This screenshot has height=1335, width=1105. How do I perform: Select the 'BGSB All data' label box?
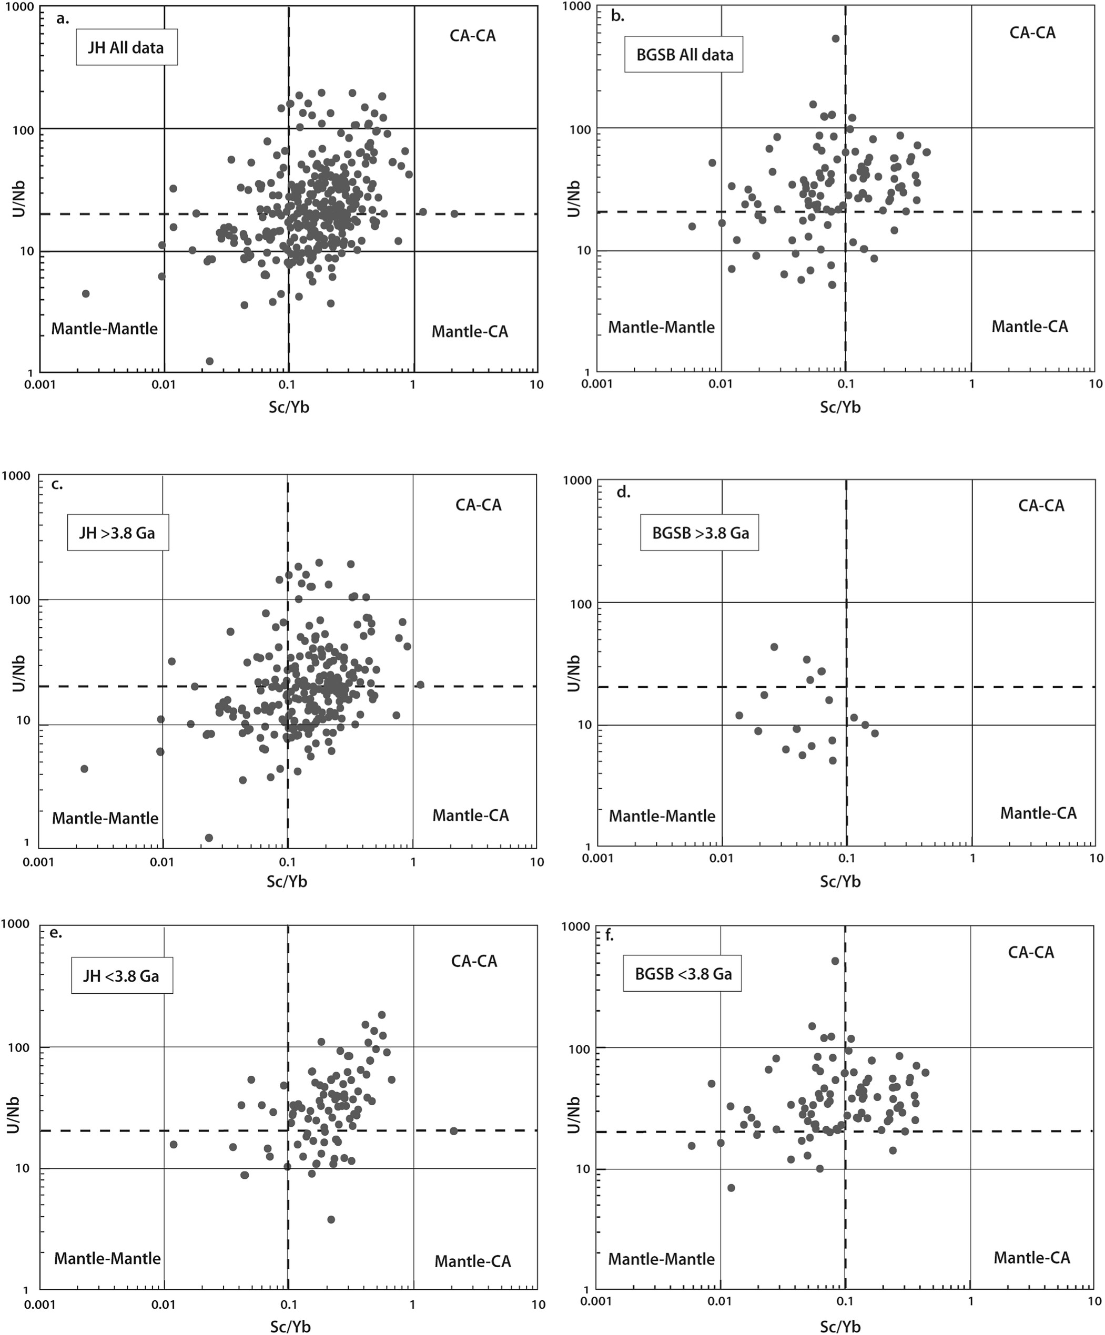[684, 55]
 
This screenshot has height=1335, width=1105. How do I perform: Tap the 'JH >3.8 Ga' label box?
[118, 532]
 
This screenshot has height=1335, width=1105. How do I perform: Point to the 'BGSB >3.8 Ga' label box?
[700, 533]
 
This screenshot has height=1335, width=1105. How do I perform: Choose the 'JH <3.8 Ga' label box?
[121, 975]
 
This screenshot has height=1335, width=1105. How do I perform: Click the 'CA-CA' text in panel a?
[472, 36]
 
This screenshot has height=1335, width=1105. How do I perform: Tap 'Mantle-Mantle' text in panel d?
[662, 816]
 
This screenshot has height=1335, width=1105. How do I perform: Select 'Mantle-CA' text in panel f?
[1031, 1257]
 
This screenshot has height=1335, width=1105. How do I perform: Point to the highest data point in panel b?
[835, 39]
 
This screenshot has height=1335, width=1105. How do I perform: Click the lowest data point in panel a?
[209, 361]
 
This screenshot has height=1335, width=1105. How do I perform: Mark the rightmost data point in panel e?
[453, 1131]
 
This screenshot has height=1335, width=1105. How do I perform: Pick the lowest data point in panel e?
[331, 1219]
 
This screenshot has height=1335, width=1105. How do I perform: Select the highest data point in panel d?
[774, 647]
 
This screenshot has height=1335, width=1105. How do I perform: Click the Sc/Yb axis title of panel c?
[287, 881]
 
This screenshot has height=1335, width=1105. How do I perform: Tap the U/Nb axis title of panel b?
[574, 198]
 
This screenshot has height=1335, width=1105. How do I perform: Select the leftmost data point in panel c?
[84, 769]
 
